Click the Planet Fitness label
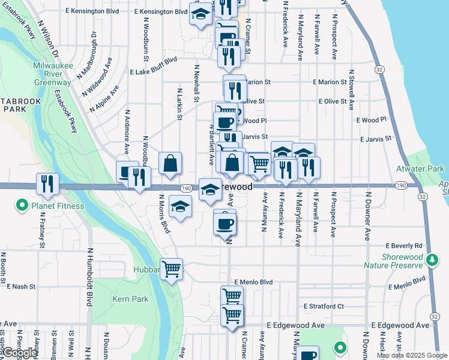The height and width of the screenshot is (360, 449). (59, 206)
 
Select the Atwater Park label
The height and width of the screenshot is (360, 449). (424, 169)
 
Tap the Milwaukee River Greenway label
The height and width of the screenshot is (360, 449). (53, 74)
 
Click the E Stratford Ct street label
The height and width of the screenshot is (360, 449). (323, 306)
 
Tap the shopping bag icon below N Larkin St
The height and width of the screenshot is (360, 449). (170, 163)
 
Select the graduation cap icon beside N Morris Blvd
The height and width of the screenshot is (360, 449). (180, 206)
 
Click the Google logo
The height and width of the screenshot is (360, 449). (20, 353)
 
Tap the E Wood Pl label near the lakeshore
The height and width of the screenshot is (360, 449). (370, 120)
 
